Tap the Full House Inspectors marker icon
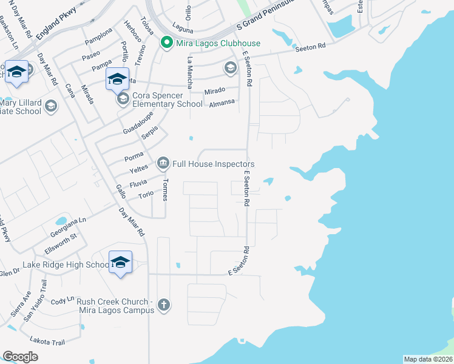point(163,164)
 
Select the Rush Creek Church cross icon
point(163,305)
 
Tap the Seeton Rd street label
point(311,47)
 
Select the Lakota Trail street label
point(50,342)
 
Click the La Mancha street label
point(191,70)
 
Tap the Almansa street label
point(222,103)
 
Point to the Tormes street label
point(164,190)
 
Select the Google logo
point(20,357)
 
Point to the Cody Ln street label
point(63,301)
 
